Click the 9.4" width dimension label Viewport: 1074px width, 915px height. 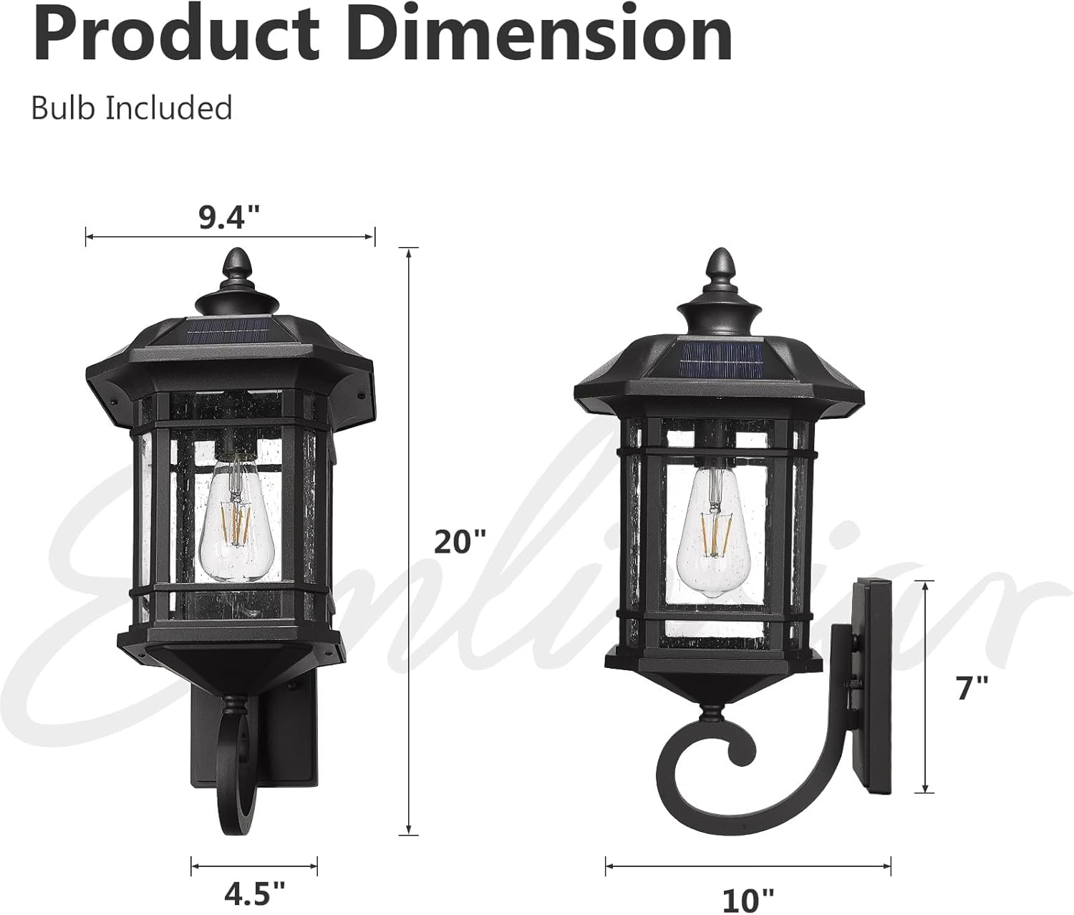click(228, 216)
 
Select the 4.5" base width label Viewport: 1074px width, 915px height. click(254, 894)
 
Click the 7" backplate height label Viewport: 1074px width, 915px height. click(972, 689)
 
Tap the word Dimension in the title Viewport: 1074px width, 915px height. click(544, 34)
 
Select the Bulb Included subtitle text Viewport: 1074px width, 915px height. click(132, 108)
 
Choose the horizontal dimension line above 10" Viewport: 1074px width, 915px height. click(748, 865)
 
